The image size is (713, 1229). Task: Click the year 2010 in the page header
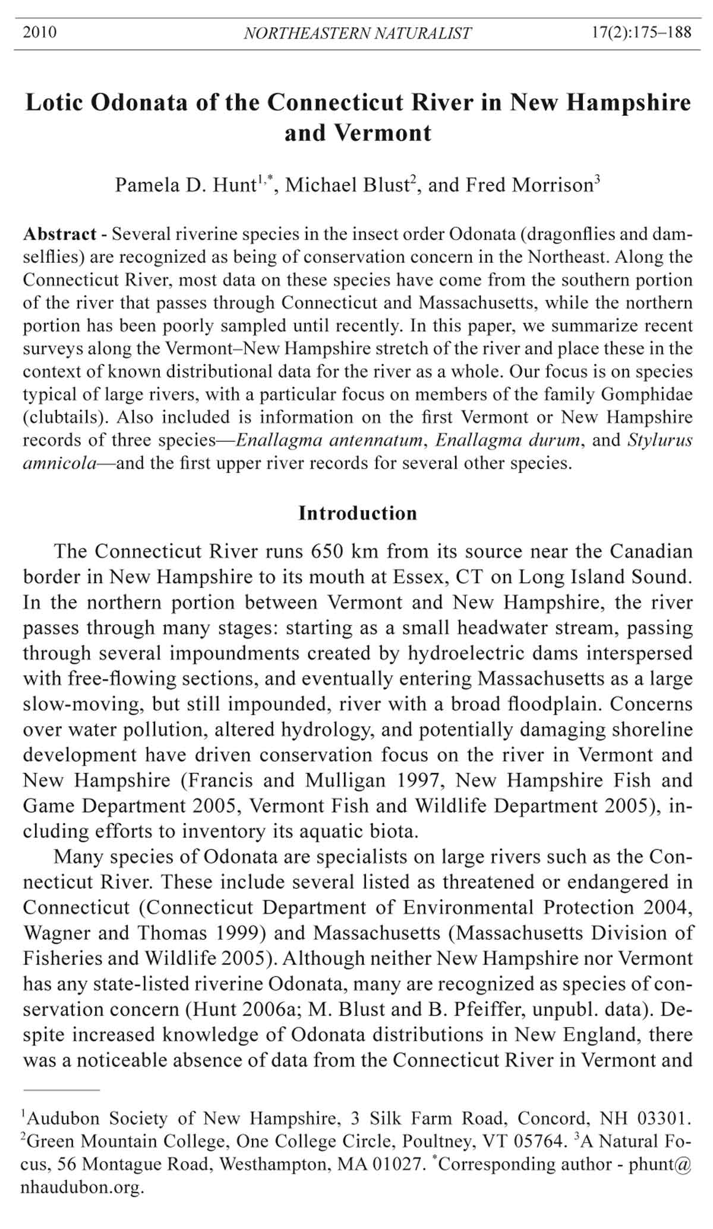(40, 32)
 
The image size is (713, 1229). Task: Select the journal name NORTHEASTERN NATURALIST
(358, 33)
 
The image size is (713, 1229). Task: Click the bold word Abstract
(59, 234)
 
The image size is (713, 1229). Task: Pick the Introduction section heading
(358, 513)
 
